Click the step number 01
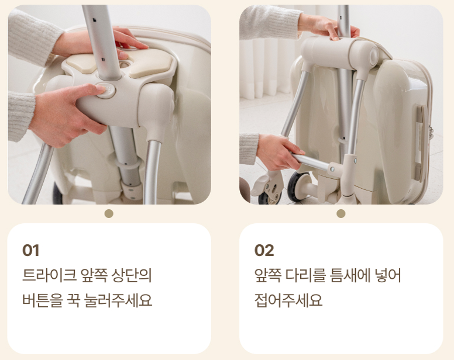tap(30, 250)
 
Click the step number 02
tap(264, 250)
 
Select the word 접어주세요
tap(288, 300)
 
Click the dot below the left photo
tap(109, 214)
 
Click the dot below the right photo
tap(341, 214)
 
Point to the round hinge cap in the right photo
tap(373, 54)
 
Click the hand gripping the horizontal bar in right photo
tap(277, 152)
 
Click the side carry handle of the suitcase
tap(421, 143)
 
